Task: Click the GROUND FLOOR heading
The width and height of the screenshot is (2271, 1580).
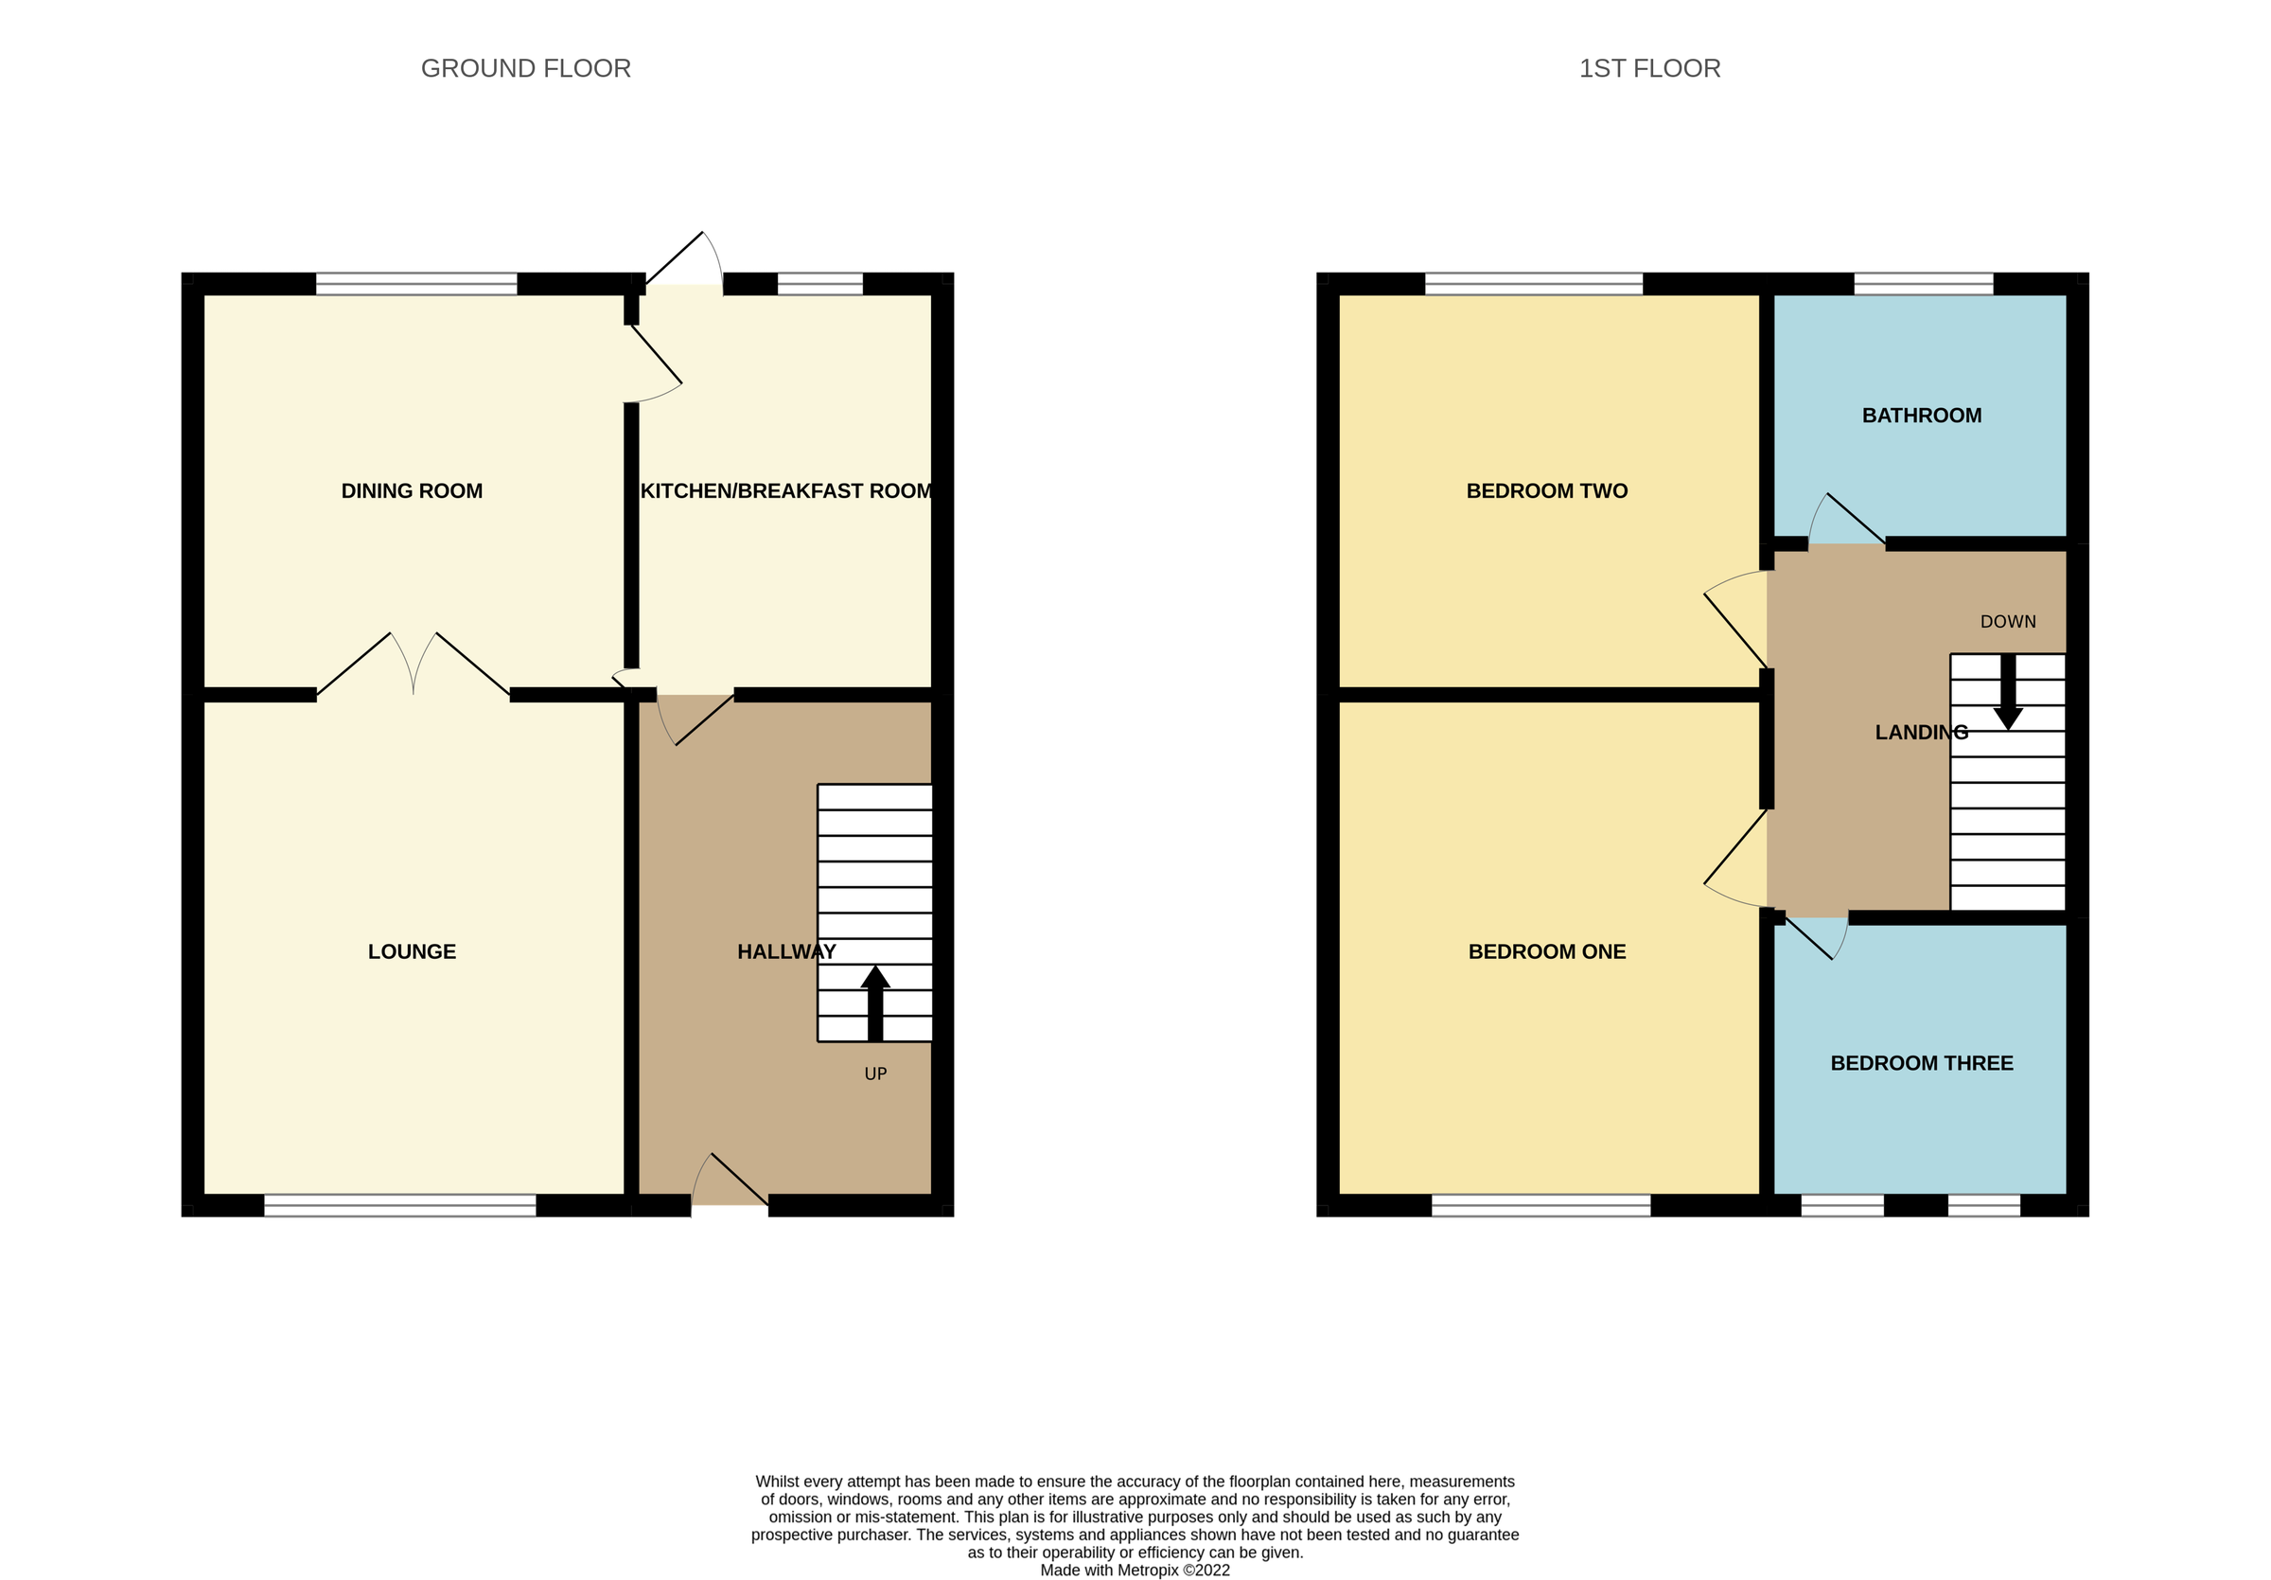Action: tap(525, 68)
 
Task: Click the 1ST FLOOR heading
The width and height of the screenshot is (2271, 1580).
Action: tap(1649, 68)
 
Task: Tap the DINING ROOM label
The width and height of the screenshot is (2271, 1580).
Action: tap(412, 490)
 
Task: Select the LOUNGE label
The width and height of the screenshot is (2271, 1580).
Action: tap(412, 951)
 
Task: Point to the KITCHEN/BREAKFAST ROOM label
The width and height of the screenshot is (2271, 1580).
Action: tap(785, 490)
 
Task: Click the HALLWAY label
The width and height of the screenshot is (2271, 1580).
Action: tap(786, 951)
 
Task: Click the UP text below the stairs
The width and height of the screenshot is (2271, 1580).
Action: tap(875, 1074)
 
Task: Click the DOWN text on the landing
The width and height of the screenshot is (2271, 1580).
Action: tap(2008, 622)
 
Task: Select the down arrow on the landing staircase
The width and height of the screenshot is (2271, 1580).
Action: tap(2008, 693)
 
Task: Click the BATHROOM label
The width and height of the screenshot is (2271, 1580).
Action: tap(1921, 416)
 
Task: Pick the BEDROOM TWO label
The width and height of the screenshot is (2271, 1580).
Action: tap(1546, 490)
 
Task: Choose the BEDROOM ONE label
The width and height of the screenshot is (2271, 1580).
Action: tap(1546, 951)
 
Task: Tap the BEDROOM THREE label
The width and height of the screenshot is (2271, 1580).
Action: tap(1921, 1063)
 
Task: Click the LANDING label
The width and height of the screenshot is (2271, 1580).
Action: tap(1921, 732)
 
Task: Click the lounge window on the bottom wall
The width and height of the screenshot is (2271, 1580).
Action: tap(399, 1205)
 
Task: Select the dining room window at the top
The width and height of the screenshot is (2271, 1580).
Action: tap(416, 284)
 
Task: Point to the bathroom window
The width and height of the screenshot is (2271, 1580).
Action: tap(1923, 284)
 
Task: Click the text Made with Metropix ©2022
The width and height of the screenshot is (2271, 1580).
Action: tap(1135, 1571)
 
